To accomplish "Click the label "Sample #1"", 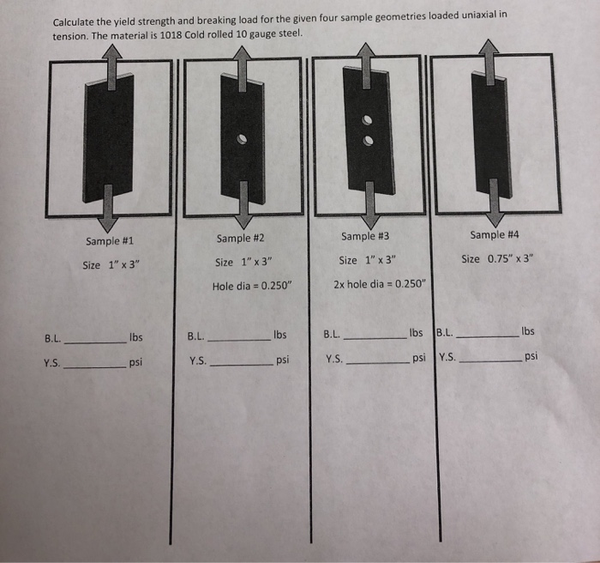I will pos(109,241).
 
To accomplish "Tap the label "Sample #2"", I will pos(240,238).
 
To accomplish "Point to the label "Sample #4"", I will pos(495,234).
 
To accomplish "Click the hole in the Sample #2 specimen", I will pos(243,138).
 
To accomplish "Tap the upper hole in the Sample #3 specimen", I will pos(366,119).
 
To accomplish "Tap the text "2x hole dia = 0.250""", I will pos(379,283).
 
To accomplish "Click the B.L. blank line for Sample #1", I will pos(95,342).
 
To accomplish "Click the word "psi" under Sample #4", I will pos(531,355).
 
